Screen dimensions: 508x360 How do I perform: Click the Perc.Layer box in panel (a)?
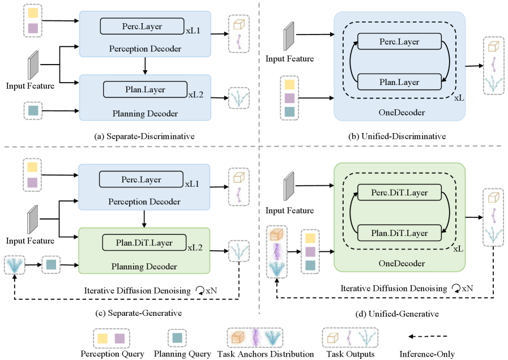142,26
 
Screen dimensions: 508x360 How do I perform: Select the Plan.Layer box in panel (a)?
145,89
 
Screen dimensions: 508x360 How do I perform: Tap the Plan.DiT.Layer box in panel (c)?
144,242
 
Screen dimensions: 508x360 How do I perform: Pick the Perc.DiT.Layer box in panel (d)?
399,192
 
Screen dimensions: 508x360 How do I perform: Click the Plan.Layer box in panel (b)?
399,82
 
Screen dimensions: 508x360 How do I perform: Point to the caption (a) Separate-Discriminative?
144,136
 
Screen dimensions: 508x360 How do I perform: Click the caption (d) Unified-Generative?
397,314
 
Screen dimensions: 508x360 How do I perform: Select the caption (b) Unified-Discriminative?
397,136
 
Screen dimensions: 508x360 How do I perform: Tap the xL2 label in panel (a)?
196,95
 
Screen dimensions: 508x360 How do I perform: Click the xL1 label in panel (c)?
192,184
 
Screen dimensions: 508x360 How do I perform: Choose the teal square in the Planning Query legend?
177,338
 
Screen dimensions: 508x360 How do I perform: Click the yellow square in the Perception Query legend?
103,338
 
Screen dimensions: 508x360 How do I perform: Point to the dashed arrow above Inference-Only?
428,336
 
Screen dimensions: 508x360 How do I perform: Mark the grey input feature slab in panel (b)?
289,36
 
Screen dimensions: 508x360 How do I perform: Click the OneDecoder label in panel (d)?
402,264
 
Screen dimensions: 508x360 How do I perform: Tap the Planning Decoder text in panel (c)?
144,267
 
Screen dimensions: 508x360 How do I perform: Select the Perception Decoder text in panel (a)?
145,49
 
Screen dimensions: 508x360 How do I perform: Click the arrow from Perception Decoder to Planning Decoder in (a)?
145,66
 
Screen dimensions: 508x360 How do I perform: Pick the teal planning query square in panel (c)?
51,264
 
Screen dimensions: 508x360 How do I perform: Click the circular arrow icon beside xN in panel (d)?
456,289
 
